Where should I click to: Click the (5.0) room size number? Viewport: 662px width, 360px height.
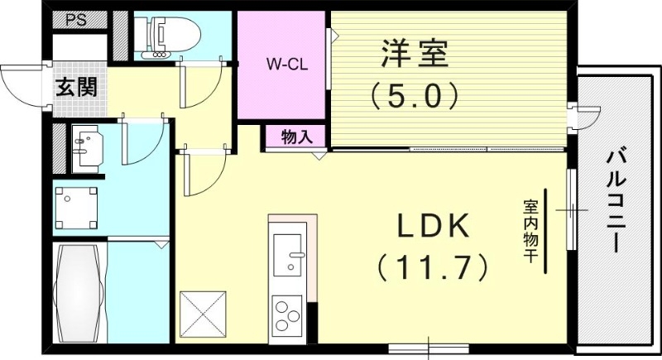point(414,97)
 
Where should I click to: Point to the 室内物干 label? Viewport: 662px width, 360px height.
point(527,231)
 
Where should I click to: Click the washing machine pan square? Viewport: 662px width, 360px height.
point(76,207)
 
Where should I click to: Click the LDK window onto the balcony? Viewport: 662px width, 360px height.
point(570,210)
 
